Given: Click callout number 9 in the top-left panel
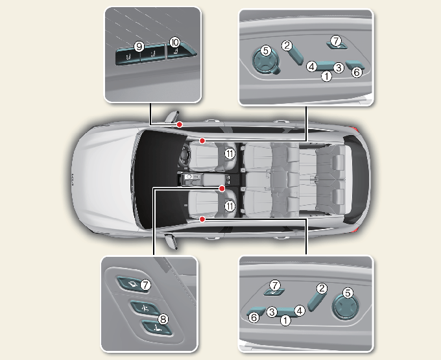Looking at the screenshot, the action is point(139,47).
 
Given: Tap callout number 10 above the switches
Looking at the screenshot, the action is point(174,42).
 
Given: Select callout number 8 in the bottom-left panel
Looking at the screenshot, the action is point(163,319).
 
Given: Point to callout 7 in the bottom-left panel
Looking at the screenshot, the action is point(145,285).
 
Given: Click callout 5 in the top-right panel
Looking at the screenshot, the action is point(266,51).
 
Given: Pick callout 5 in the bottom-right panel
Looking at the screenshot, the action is point(348,293).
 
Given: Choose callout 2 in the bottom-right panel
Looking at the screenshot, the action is point(322,288).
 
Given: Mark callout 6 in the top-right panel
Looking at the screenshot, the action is point(357,72).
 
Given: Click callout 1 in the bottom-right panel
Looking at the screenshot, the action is point(285,320).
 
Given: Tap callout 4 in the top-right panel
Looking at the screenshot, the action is point(312,67).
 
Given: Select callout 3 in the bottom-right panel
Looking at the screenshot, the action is point(272,311).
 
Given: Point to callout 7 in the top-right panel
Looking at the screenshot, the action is point(336,41).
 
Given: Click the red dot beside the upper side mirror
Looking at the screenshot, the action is point(180,125).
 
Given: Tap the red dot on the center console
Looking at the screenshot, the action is point(222,189).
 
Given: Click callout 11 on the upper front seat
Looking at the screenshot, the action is point(230,154).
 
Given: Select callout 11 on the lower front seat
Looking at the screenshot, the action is point(230,206).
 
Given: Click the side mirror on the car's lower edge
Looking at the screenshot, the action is point(171,241).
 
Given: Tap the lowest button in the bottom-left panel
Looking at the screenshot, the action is point(156,328).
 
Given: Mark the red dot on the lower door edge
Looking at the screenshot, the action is point(202,219).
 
